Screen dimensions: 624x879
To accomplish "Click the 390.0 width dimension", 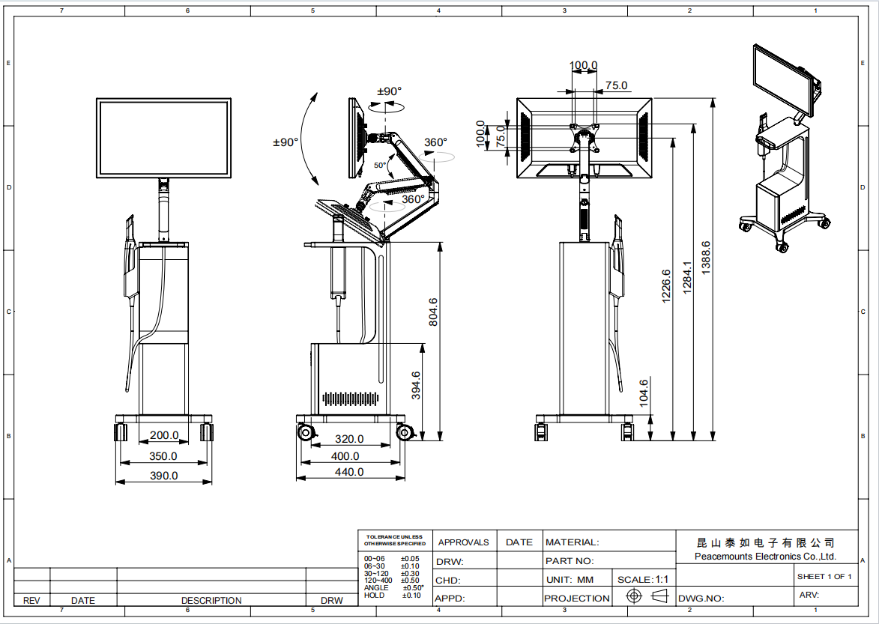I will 163,475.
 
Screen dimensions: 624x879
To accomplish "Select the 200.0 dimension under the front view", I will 163,435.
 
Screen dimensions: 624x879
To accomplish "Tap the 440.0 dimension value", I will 348,472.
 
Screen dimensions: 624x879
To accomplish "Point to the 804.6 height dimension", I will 433,312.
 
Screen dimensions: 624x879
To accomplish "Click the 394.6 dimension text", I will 417,386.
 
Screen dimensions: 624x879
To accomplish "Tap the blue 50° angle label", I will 381,165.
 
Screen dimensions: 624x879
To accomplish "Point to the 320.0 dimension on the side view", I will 348,439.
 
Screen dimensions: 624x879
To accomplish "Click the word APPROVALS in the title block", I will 463,542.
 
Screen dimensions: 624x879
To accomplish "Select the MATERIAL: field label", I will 572,542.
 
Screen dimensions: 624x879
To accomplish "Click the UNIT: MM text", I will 570,580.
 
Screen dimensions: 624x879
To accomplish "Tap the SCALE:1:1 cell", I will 643,580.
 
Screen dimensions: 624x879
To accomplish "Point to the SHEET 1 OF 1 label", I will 824,576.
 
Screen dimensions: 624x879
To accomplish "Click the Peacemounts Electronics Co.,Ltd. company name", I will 765,557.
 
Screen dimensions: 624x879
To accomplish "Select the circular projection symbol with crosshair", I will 635,596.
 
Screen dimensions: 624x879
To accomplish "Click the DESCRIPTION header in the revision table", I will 211,600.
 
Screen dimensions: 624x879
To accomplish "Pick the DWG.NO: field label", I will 701,599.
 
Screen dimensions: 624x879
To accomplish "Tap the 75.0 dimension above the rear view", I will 616,86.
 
